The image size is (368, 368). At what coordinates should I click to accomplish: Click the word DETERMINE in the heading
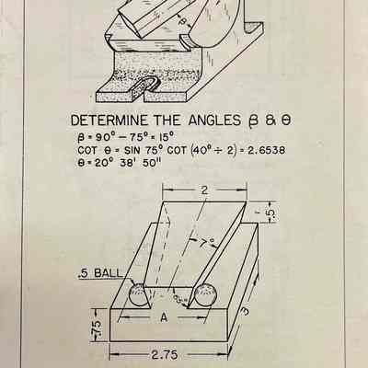109,121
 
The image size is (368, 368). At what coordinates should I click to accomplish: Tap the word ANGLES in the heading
214,121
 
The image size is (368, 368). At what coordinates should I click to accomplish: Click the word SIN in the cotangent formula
132,151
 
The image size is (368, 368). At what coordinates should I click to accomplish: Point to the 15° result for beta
167,136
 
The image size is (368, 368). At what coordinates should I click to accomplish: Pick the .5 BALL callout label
100,273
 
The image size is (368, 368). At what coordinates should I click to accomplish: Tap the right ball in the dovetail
206,295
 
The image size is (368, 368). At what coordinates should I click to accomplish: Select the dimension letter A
165,317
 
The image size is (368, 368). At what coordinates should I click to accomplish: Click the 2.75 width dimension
165,355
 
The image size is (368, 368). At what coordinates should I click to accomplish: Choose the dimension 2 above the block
204,190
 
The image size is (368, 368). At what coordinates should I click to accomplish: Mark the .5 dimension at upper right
271,215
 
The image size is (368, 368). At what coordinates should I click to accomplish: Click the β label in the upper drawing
182,21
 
